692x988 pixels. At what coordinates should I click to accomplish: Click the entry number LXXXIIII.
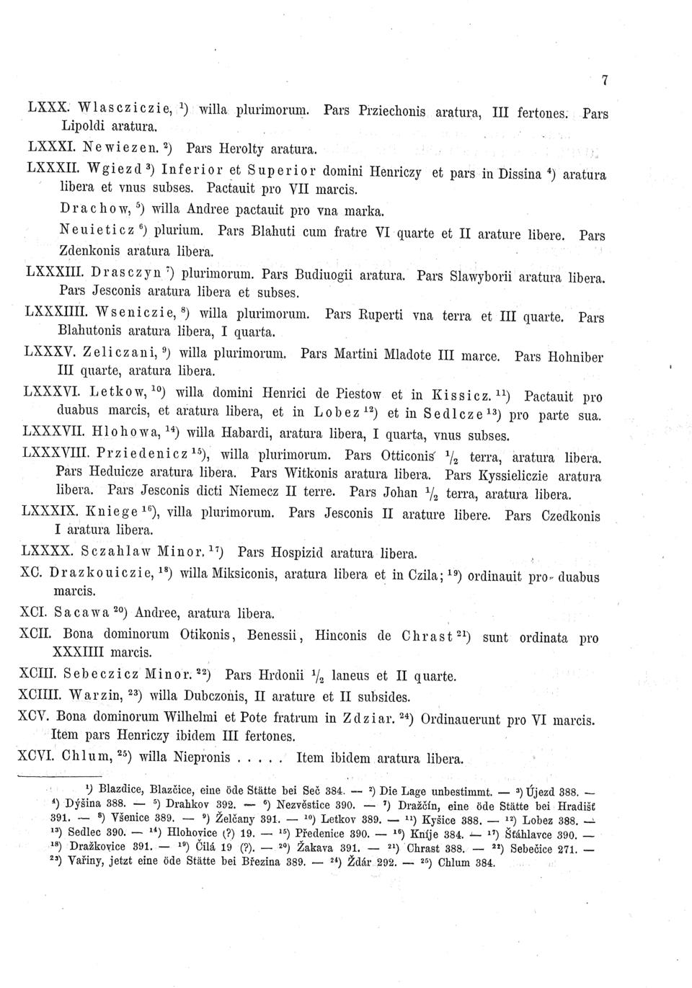click(57, 313)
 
